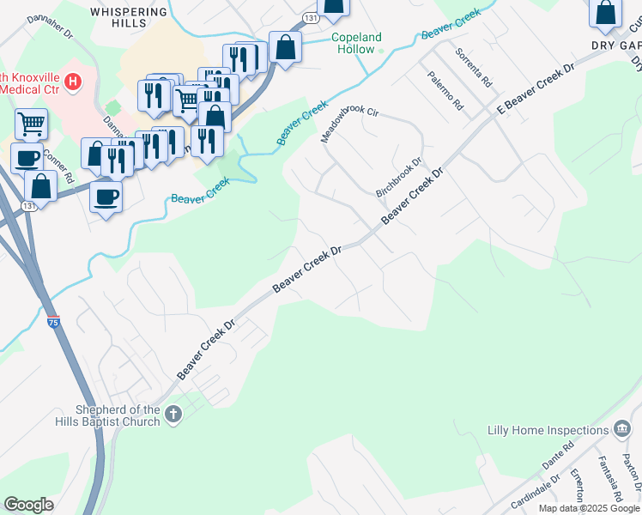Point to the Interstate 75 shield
tap(54, 322)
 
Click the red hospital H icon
tap(73, 82)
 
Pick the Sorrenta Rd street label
tap(473, 68)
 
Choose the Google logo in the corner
tap(28, 505)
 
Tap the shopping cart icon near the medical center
tap(31, 124)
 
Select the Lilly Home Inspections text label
tap(548, 430)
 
